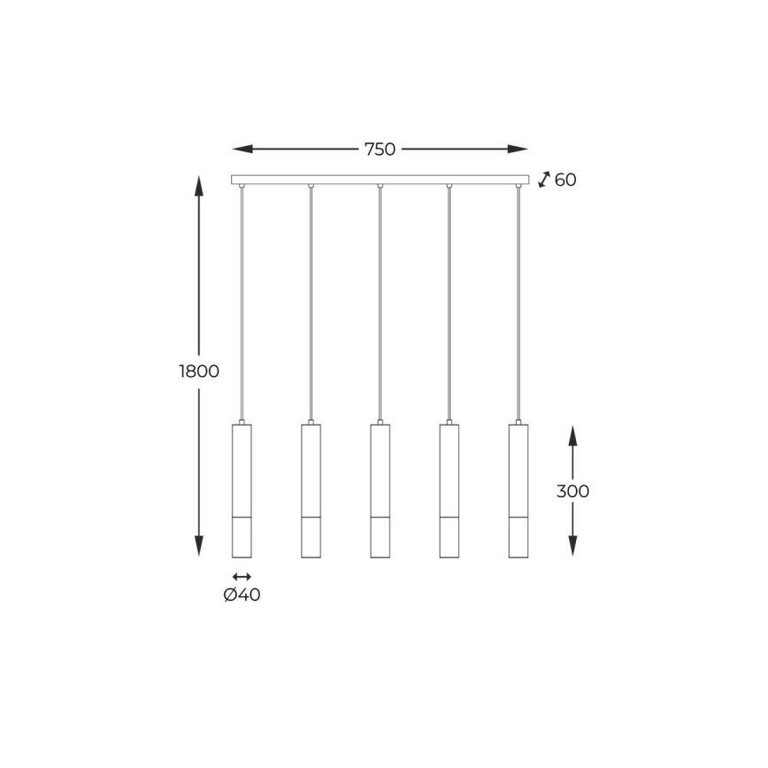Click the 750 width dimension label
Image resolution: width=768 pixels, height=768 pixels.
380,150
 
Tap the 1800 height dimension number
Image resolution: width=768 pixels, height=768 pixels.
199,372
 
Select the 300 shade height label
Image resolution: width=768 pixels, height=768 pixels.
572,491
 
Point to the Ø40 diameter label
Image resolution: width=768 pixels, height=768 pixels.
242,595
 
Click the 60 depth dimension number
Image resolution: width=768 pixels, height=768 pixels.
565,180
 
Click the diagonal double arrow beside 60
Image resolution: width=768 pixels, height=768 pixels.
544,180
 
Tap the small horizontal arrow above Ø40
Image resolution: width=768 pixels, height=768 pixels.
242,576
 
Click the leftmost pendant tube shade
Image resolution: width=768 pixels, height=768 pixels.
242,491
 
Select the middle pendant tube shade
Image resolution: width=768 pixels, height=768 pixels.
380,491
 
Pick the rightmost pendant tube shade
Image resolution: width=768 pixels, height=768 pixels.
518,491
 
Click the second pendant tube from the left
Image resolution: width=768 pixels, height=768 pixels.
311,491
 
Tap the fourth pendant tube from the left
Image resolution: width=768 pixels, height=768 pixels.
449,491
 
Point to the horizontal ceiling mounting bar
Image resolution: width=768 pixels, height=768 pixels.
380,180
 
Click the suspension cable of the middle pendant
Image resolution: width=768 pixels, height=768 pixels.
380,301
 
